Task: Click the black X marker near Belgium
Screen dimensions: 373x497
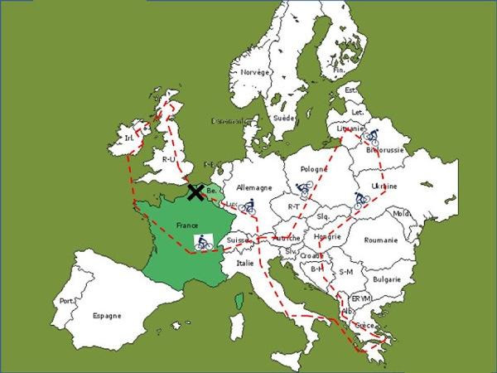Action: tap(195, 192)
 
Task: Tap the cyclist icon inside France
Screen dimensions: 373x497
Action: tap(204, 242)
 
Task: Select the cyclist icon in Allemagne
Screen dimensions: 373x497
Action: tap(247, 207)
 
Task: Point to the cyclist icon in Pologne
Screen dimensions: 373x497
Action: tap(305, 190)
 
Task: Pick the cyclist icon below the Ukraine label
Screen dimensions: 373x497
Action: tap(360, 200)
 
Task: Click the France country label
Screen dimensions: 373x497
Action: tap(189, 225)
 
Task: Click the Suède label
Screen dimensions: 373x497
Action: tap(284, 118)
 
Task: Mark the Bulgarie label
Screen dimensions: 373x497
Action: tap(388, 280)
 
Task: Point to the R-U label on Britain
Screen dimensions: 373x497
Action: tap(170, 158)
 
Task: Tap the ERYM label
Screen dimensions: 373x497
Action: tap(361, 298)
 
